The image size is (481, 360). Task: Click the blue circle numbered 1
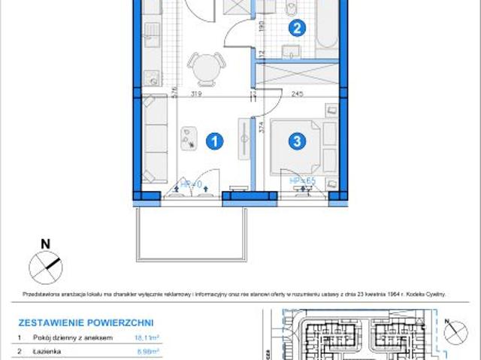click(215, 141)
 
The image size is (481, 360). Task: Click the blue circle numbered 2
click(298, 29)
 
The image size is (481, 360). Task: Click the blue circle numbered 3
click(298, 141)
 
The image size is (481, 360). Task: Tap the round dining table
click(204, 68)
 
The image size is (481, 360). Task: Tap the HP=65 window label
click(302, 181)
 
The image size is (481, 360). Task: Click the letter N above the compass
click(45, 243)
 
